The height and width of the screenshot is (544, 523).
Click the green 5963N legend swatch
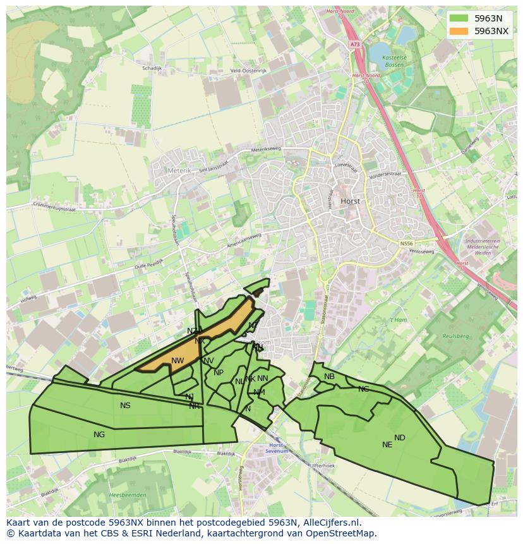click(x=459, y=18)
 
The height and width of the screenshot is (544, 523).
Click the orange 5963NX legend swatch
click(x=459, y=30)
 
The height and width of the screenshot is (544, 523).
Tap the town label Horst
click(x=350, y=201)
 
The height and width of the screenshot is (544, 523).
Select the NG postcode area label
click(x=99, y=435)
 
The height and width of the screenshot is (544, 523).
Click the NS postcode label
click(x=125, y=406)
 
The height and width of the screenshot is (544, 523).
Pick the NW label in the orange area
click(x=177, y=361)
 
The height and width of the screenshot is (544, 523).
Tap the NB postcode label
click(x=329, y=377)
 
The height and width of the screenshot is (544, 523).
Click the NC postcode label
click(x=363, y=389)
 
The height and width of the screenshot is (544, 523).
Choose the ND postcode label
click(x=400, y=438)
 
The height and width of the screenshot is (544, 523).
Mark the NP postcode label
click(x=219, y=373)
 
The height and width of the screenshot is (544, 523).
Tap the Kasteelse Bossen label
click(x=395, y=61)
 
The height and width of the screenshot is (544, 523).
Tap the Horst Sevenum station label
click(x=275, y=448)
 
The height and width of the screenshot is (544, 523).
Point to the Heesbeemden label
click(x=128, y=495)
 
